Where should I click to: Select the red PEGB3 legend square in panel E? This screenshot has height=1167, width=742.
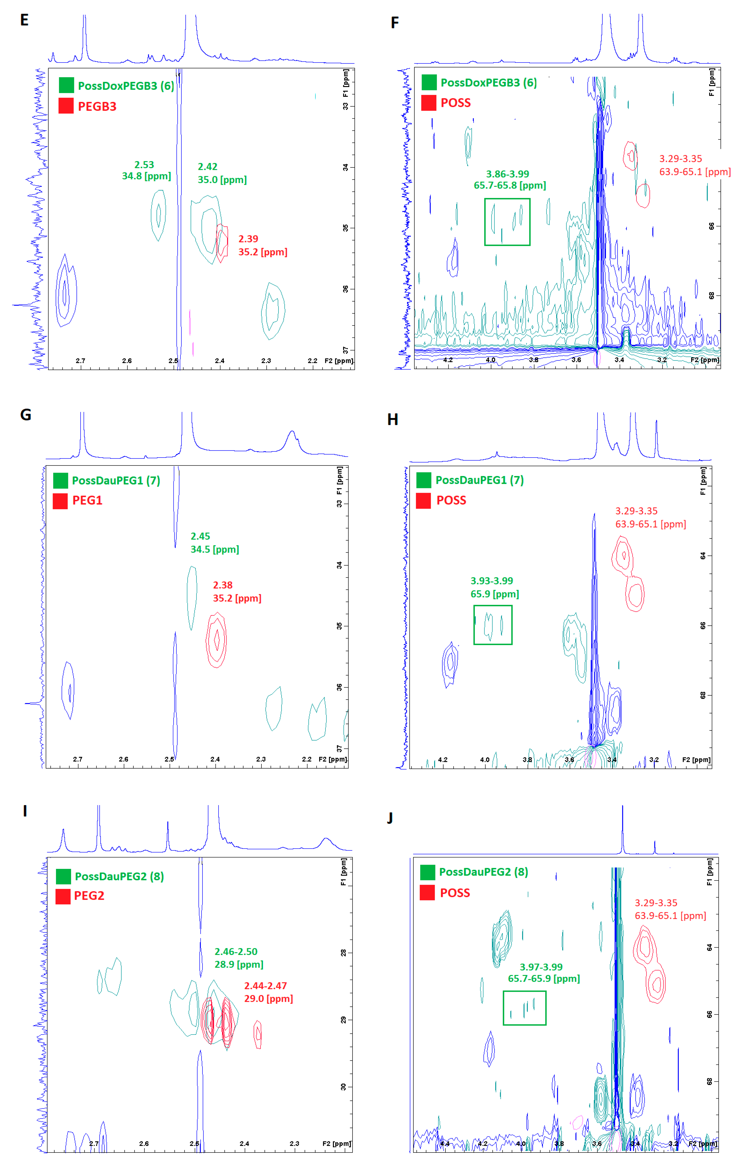point(66,106)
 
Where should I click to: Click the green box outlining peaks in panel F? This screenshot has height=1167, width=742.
point(507,221)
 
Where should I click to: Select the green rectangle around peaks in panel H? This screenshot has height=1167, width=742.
point(493,625)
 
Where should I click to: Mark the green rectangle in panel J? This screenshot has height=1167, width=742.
point(524,1008)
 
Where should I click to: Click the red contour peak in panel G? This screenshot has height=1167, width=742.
point(216,640)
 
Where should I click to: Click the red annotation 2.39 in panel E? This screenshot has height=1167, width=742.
point(248,239)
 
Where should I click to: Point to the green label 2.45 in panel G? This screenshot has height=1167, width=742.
point(200,536)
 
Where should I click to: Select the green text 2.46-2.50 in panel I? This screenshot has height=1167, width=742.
point(236,951)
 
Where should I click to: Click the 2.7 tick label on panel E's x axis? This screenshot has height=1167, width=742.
point(80,361)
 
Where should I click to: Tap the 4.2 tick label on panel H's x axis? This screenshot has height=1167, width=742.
point(443,759)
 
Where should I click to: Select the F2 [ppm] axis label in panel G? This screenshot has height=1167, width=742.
point(332,759)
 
